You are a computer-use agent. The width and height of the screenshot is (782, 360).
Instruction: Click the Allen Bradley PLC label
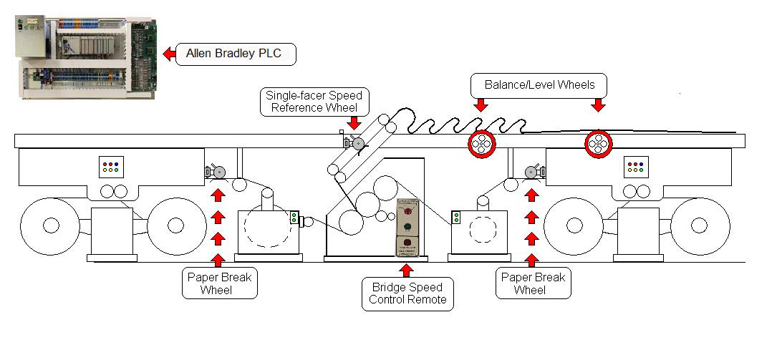coord(236,54)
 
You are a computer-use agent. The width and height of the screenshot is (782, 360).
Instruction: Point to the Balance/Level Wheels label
coord(539,84)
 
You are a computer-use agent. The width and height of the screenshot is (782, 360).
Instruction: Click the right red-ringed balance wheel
coord(597,143)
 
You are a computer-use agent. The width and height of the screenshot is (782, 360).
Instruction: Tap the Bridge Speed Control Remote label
coord(407,293)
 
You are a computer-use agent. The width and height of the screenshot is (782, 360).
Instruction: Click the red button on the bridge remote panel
coord(407,211)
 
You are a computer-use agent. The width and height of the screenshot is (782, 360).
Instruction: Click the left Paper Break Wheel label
coord(220,283)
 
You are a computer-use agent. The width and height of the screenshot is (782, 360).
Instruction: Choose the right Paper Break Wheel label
coord(533,283)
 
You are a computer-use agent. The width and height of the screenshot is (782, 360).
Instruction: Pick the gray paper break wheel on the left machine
coord(218,172)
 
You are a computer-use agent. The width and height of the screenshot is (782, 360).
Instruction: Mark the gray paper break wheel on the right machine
coord(531,171)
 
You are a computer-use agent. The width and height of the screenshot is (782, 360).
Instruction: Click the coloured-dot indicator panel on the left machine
coord(111,167)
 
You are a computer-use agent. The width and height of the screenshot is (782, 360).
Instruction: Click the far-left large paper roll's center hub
coord(50,225)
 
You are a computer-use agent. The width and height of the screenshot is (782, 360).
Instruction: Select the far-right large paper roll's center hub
coord(700,225)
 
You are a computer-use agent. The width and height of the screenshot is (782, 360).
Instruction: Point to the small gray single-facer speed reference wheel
coord(356,144)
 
